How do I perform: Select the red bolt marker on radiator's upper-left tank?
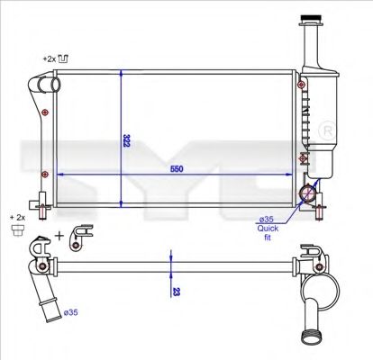pyautogui.click(x=44, y=112)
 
